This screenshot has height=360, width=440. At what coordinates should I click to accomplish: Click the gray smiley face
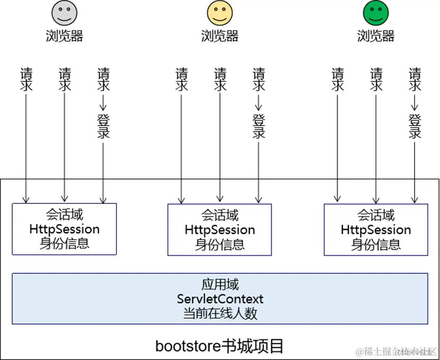coord(64,13)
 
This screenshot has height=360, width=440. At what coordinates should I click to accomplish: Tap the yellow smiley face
coord(219,13)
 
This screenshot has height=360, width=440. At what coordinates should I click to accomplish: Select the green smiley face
coord(375,13)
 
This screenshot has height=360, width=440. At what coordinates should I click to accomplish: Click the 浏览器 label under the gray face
coord(64,36)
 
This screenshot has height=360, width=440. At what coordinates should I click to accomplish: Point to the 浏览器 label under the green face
coord(375,36)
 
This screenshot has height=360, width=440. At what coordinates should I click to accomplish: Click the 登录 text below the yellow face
coord(259,126)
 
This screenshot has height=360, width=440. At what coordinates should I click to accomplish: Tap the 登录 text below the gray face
coord(103,126)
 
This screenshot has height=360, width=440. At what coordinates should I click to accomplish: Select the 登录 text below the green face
coord(415,126)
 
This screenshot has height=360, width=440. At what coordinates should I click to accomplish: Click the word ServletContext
coord(220,298)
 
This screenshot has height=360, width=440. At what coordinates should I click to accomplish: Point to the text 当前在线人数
coord(220,313)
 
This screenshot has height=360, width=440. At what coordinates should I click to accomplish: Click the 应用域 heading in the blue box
coord(220,284)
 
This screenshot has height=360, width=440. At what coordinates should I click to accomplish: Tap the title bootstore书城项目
coord(219,346)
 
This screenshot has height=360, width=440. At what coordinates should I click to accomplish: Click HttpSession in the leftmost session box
coord(64,229)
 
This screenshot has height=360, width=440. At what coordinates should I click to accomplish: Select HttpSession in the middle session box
coord(220,230)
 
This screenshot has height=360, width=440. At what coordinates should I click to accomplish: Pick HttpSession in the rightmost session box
coord(376,230)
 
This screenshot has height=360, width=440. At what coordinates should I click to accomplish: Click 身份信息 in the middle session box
coord(220,245)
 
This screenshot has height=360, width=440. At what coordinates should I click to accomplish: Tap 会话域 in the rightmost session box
coord(376,215)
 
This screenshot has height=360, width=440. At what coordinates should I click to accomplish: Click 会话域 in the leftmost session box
coord(64,214)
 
